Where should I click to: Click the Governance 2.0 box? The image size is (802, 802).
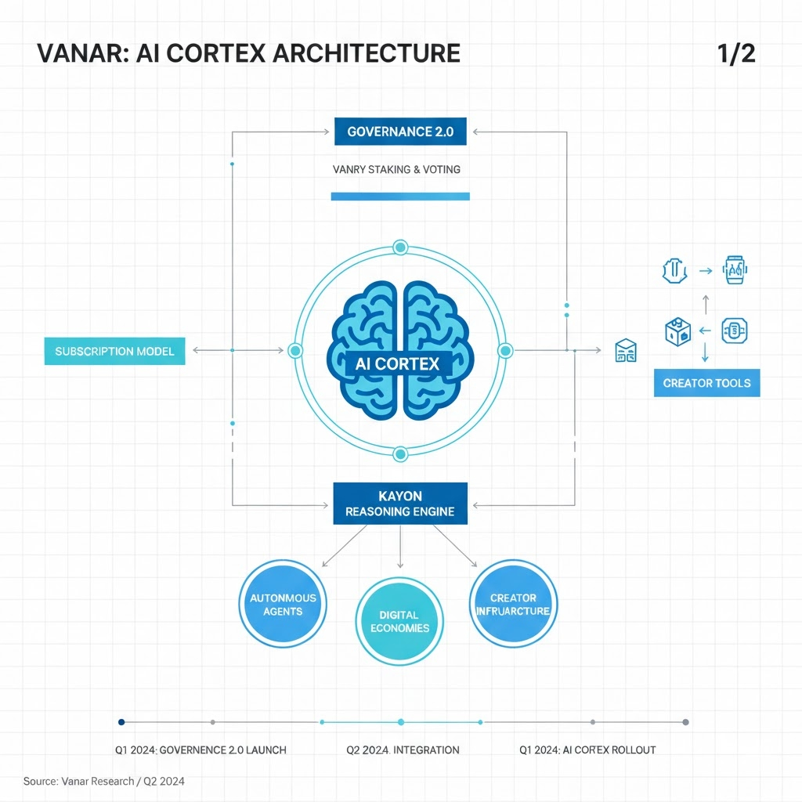(x=400, y=132)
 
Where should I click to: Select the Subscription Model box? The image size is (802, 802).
(x=115, y=352)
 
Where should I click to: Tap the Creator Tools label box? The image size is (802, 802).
(x=706, y=383)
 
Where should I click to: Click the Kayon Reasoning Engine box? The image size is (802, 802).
(x=400, y=504)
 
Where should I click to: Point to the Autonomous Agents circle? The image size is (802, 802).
(x=283, y=604)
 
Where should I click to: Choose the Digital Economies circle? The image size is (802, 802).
(x=399, y=622)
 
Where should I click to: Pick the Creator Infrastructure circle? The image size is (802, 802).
(x=514, y=604)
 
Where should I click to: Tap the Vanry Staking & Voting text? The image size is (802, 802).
(x=396, y=169)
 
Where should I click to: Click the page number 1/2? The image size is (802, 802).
(x=735, y=53)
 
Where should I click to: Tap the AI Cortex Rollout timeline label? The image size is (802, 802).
(x=587, y=750)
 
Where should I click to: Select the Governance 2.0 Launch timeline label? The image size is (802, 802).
(x=200, y=750)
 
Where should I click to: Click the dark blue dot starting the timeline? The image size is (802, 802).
(x=121, y=722)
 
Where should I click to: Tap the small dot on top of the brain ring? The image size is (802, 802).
(x=400, y=247)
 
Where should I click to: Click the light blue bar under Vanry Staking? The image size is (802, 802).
(x=400, y=197)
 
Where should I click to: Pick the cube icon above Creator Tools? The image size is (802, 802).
(x=677, y=331)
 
